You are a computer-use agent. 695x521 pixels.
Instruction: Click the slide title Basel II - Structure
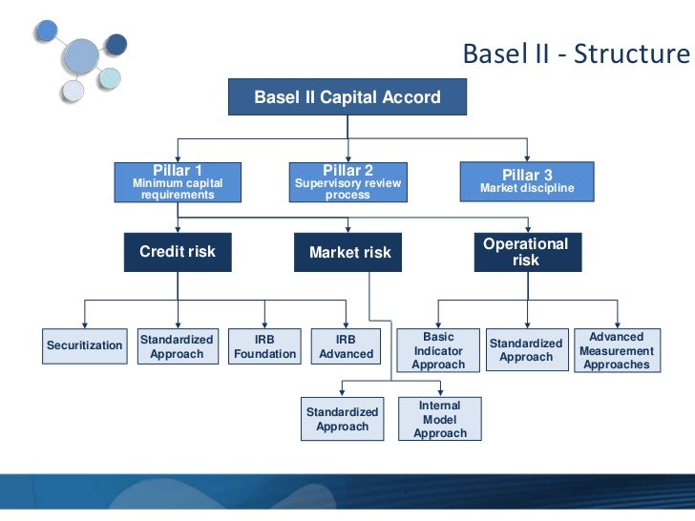tap(575, 53)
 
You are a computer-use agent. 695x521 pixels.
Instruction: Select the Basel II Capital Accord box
tap(347, 97)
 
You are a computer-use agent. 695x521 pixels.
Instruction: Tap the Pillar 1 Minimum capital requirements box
tap(178, 181)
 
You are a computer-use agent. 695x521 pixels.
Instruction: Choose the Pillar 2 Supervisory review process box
tap(347, 181)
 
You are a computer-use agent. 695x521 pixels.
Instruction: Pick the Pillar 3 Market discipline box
tap(527, 180)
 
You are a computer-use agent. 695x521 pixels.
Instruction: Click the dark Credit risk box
tap(178, 252)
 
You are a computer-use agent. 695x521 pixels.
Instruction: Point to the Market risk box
tap(349, 253)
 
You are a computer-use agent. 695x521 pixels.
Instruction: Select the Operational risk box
tap(525, 252)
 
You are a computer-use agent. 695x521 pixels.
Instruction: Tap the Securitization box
tap(84, 345)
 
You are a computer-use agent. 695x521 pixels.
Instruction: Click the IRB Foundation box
tap(264, 346)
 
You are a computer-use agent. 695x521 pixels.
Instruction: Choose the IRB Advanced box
tap(346, 346)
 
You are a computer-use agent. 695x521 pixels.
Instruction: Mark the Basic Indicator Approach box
tap(438, 350)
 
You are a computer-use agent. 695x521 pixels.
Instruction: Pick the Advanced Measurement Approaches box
tap(617, 350)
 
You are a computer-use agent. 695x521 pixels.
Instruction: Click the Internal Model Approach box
tap(440, 420)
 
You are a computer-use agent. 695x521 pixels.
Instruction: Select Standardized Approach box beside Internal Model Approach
tap(342, 419)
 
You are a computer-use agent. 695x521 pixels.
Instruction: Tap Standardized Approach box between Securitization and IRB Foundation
tap(177, 346)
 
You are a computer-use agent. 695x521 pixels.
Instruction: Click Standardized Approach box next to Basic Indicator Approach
tap(526, 350)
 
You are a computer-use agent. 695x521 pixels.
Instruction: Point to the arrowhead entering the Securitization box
tap(85, 324)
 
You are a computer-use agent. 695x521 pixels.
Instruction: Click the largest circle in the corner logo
tap(80, 59)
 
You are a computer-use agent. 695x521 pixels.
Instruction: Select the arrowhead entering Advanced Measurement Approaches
tap(618, 324)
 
